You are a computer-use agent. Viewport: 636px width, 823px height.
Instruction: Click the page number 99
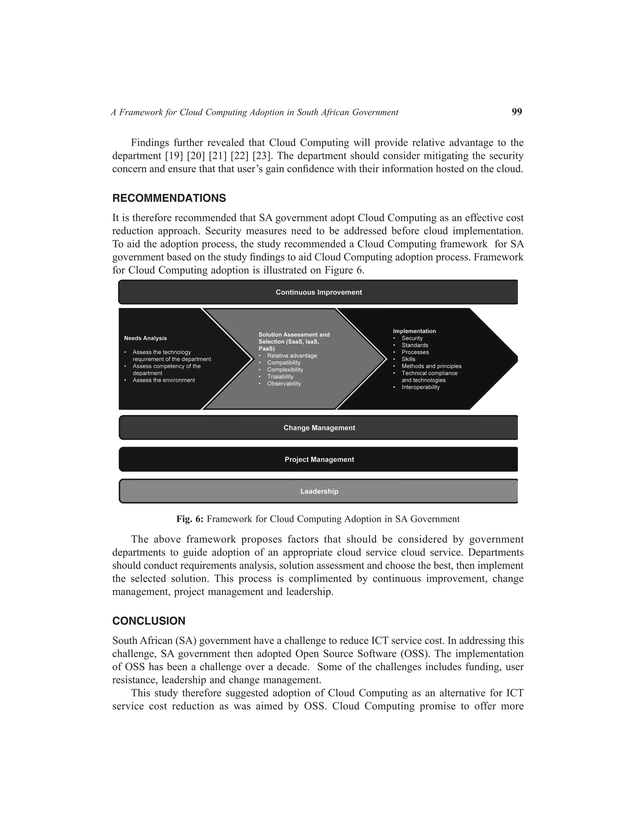click(516, 111)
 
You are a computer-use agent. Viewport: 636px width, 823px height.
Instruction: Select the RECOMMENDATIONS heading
click(169, 198)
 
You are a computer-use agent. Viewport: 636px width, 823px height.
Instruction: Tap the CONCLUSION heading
click(149, 621)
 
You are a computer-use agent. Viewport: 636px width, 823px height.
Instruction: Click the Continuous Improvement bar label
click(319, 293)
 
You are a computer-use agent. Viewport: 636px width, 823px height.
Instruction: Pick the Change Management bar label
click(319, 428)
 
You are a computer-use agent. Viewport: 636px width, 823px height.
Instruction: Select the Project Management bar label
click(319, 459)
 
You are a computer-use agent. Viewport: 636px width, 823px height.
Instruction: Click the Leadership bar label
click(319, 491)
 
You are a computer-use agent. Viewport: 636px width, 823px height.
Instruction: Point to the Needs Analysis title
click(145, 339)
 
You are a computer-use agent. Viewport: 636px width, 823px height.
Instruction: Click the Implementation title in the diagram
click(414, 331)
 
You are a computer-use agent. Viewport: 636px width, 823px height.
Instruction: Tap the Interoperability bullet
click(420, 387)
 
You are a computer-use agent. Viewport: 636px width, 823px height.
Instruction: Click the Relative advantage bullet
click(292, 356)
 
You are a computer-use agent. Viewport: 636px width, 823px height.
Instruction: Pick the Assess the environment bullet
click(164, 380)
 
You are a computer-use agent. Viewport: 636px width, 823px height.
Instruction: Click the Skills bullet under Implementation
click(408, 359)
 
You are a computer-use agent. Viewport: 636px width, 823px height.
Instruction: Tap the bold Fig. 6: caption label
click(190, 519)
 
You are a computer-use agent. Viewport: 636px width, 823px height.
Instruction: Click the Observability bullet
click(284, 384)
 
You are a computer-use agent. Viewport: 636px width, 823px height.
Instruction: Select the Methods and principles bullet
click(431, 366)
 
